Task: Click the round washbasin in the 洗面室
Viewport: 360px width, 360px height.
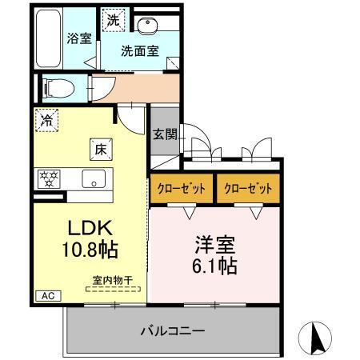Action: [x=146, y=26]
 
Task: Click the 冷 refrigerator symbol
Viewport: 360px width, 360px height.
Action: [x=46, y=122]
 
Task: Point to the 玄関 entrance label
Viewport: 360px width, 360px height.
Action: [x=164, y=134]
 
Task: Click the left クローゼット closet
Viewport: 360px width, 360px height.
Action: [x=181, y=189]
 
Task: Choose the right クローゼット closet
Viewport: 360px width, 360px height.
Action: [x=248, y=189]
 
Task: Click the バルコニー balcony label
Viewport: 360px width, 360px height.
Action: [x=174, y=330]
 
